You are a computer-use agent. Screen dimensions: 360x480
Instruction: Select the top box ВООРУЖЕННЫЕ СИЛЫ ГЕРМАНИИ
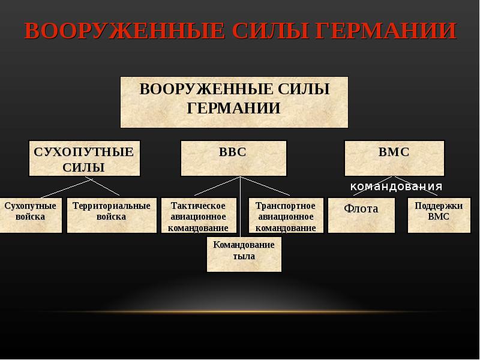click(x=234, y=101)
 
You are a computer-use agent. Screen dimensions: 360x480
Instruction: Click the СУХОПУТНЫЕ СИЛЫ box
click(x=84, y=158)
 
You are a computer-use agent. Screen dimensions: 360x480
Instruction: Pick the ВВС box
click(x=233, y=158)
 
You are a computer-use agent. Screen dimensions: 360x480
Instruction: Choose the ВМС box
click(x=394, y=158)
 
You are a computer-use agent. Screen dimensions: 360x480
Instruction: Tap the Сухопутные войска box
click(x=31, y=215)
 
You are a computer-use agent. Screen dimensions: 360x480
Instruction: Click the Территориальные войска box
click(x=112, y=215)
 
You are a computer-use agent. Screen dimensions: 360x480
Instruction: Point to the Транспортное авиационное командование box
click(x=286, y=215)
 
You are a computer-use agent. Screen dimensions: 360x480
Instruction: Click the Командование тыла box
click(x=244, y=254)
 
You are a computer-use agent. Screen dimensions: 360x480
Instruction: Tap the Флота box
click(x=361, y=215)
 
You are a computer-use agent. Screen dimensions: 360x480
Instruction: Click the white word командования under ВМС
click(x=397, y=186)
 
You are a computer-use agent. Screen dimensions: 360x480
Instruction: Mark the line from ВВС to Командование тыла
click(x=241, y=207)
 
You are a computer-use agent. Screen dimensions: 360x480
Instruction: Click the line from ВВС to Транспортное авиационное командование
click(x=265, y=186)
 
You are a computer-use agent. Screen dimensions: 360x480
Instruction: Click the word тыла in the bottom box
click(x=244, y=256)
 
